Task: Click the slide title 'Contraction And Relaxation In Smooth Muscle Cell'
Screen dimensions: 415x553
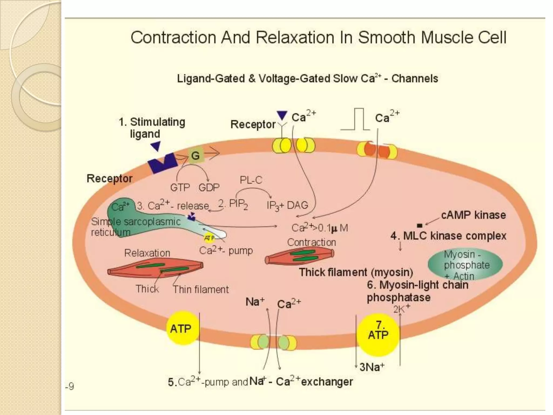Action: pos(318,38)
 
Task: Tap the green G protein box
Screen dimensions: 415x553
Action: pos(195,155)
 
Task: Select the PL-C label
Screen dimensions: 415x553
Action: pos(251,180)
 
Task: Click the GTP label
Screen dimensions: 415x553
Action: pos(180,187)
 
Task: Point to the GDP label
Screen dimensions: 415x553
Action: pos(209,187)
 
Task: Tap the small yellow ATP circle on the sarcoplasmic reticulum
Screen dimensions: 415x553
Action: pos(209,238)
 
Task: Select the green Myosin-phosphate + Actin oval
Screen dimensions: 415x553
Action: pos(465,265)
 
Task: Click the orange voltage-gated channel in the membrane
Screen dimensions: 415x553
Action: pos(377,151)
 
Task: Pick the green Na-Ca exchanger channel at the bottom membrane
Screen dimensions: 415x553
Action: pos(273,342)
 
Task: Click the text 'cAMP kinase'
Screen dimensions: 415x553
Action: pos(473,215)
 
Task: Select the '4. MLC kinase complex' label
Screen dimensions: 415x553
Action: pos(448,236)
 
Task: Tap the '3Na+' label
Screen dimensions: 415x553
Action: pos(372,367)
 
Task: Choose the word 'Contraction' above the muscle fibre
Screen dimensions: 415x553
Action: pos(311,242)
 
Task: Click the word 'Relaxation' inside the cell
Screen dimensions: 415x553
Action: pos(147,253)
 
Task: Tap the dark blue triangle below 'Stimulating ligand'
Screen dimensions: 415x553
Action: pos(156,146)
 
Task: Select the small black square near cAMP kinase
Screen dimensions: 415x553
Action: pos(419,225)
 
